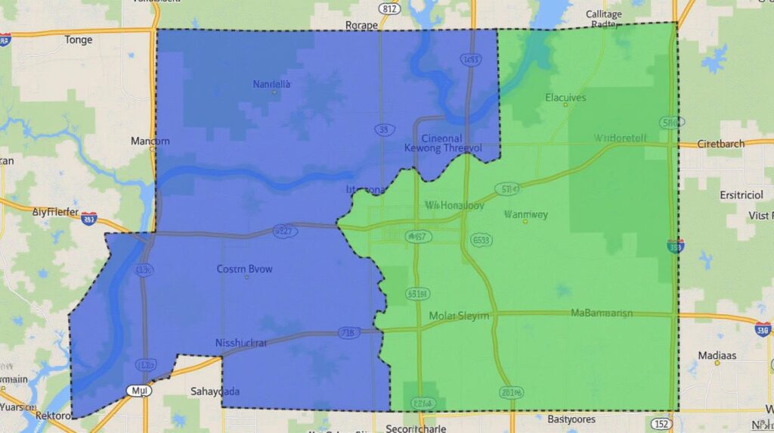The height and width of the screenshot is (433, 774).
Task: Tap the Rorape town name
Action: point(361,25)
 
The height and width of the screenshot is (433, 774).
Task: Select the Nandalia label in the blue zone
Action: point(271,84)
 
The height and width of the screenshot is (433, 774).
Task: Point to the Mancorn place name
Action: point(150,141)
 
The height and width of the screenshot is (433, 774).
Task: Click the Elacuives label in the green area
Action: point(565,97)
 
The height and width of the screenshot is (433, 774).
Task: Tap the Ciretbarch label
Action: point(720,143)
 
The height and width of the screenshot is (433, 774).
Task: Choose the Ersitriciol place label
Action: point(741,195)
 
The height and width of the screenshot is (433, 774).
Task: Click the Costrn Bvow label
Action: point(245,268)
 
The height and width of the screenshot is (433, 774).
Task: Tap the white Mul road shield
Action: point(139,391)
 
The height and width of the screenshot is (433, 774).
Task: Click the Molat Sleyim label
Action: point(459,315)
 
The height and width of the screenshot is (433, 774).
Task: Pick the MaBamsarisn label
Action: point(602,313)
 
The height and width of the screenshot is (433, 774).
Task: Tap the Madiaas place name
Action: point(717,354)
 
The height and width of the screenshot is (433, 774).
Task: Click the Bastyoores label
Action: point(571,419)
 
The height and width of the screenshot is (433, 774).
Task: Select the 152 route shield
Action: point(662,423)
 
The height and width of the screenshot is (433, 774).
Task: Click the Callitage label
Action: point(604,14)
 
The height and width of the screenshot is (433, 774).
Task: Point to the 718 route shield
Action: point(348,332)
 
